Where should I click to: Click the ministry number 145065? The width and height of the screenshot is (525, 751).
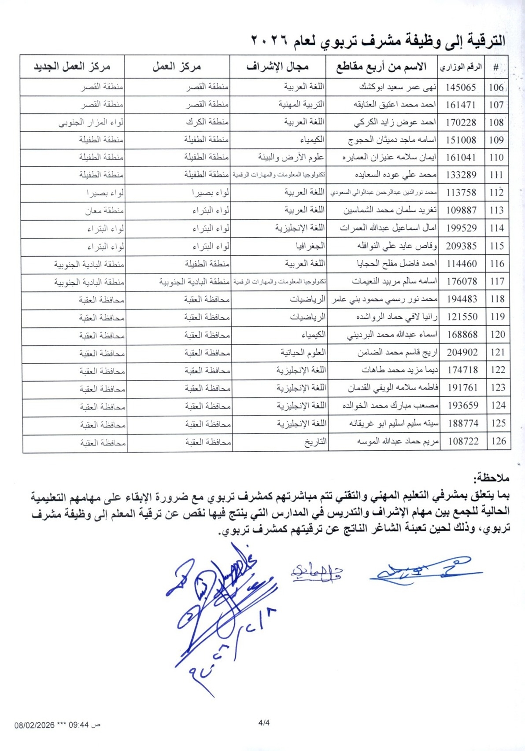click(x=461, y=87)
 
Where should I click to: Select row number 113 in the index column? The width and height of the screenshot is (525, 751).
click(x=496, y=210)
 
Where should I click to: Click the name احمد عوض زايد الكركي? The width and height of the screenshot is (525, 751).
click(x=395, y=122)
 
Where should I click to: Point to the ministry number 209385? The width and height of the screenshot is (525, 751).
click(x=461, y=246)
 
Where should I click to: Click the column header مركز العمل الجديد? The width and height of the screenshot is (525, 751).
click(x=72, y=67)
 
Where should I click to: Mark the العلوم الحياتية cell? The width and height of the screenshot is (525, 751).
click(x=303, y=353)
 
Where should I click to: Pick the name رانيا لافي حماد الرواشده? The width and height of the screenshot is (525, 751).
click(x=396, y=317)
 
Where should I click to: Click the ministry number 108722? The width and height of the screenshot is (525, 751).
click(x=463, y=441)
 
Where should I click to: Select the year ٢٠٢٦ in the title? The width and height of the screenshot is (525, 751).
click(x=269, y=40)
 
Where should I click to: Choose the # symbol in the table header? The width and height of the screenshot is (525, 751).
click(x=495, y=67)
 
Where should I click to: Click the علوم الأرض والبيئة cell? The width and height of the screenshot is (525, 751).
click(x=291, y=157)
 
